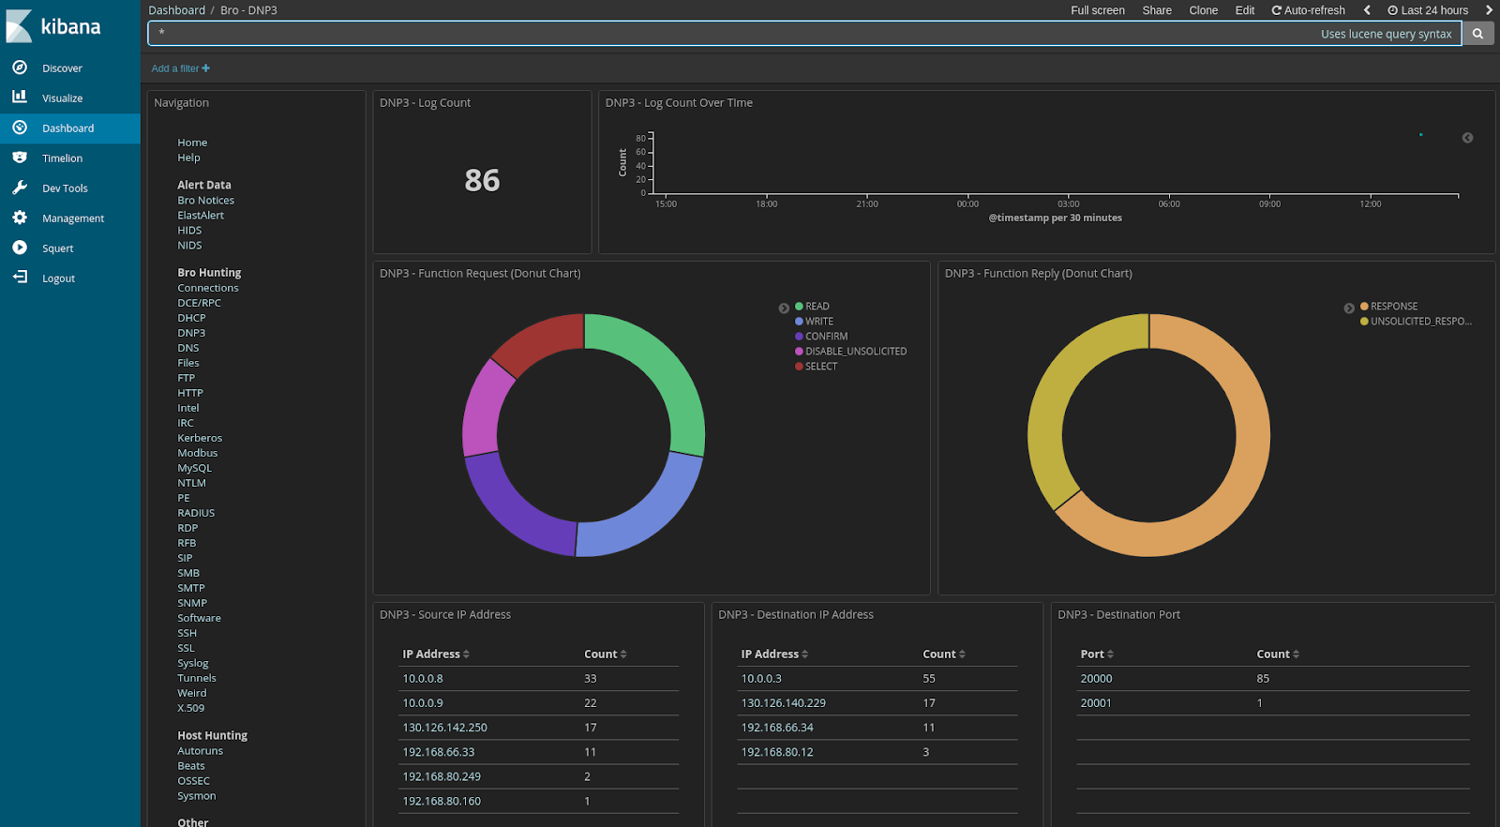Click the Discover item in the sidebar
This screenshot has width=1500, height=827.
tap(62, 68)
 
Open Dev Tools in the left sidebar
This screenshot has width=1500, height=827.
tap(65, 188)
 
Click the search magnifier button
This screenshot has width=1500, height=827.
tap(1477, 34)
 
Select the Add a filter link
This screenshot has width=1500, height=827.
tap(180, 68)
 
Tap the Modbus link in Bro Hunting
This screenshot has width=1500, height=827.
tap(197, 453)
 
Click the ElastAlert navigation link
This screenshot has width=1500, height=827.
tap(201, 216)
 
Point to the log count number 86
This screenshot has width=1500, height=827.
tap(482, 180)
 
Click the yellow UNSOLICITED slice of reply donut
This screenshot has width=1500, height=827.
tap(1059, 403)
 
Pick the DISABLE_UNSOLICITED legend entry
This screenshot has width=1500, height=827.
tap(855, 352)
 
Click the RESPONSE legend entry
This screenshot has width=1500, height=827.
tap(1393, 307)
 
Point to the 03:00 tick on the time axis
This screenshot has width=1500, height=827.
tap(1068, 203)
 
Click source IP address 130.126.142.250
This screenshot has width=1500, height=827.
tap(444, 728)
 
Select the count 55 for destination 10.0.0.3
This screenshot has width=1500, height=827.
tap(929, 679)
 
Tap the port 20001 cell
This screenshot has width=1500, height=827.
tap(1096, 703)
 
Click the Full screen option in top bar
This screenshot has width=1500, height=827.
tap(1097, 10)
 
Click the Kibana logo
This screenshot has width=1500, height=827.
tap(54, 26)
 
